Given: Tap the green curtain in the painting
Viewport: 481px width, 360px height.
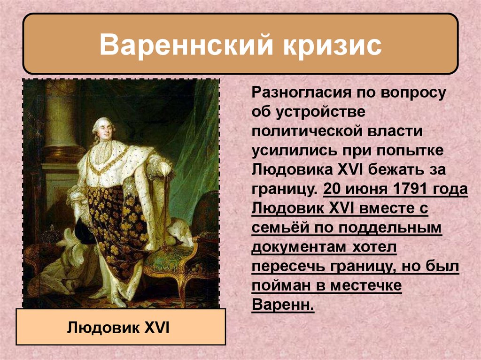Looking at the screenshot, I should (197, 141).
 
